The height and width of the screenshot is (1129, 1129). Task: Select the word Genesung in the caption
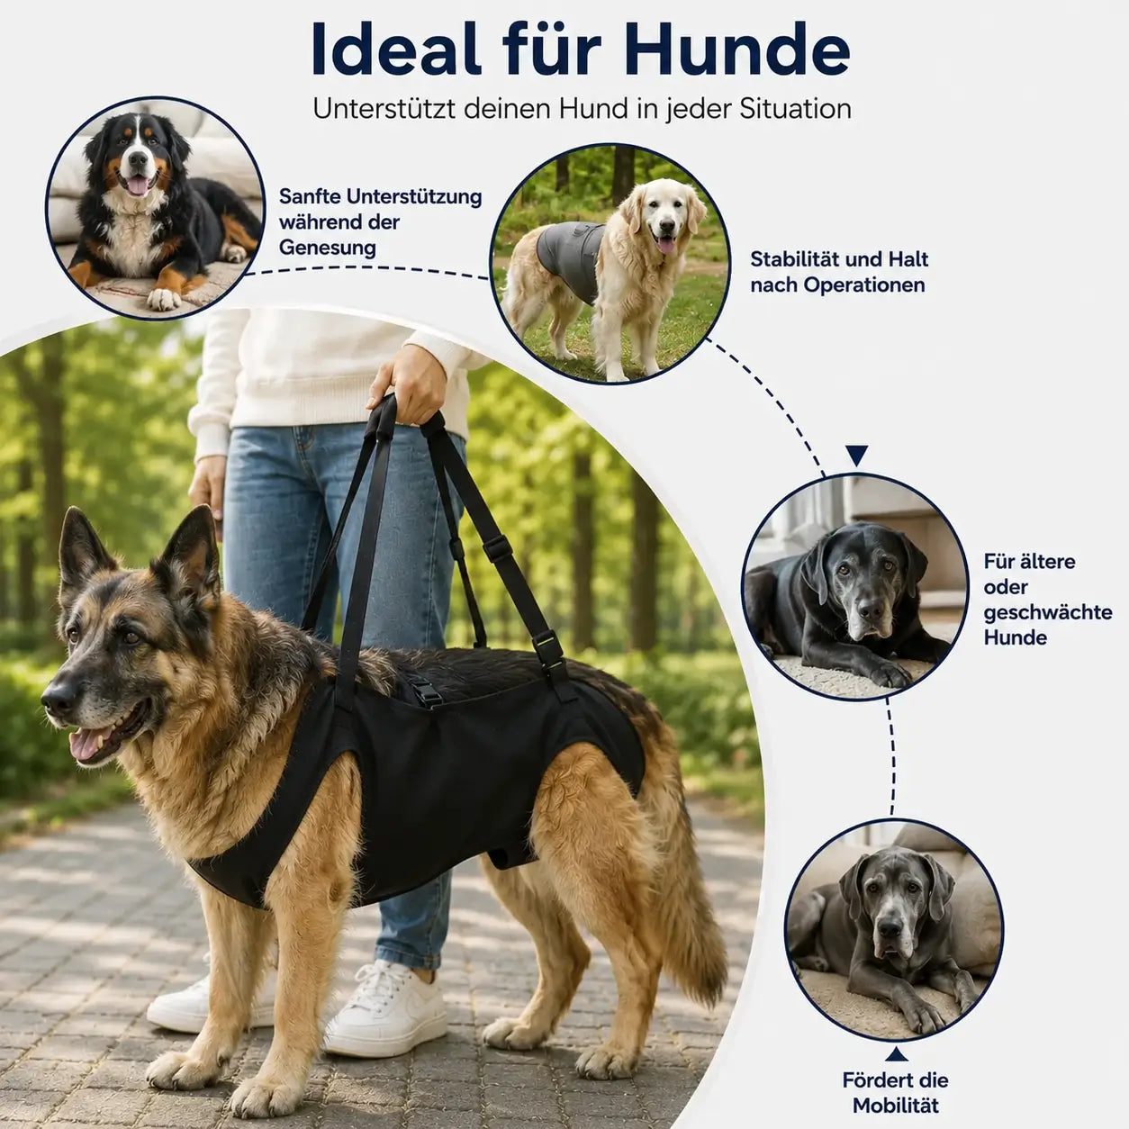pyautogui.click(x=328, y=248)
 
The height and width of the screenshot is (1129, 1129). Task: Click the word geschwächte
pyautogui.click(x=1048, y=612)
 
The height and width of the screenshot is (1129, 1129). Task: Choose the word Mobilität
pyautogui.click(x=895, y=1106)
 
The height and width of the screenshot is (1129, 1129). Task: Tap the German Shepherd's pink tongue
pyautogui.click(x=86, y=744)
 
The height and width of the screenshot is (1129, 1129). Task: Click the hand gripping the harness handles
pyautogui.click(x=409, y=384)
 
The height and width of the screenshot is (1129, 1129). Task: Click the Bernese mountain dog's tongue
pyautogui.click(x=139, y=185)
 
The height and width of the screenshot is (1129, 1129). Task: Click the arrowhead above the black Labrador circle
pyautogui.click(x=857, y=455)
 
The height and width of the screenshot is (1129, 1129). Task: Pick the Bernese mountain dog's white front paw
pyautogui.click(x=163, y=299)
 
